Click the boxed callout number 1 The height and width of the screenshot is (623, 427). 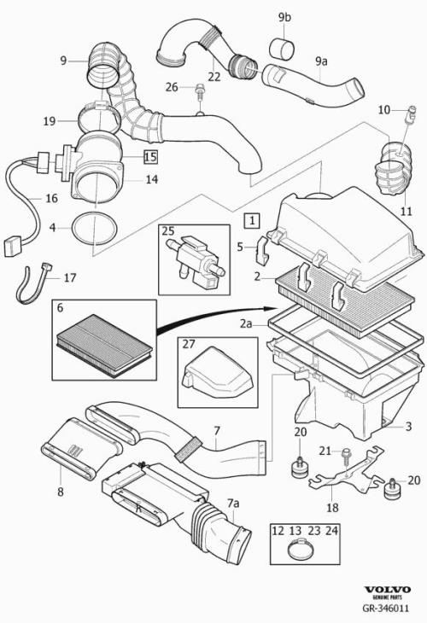(x=252, y=220)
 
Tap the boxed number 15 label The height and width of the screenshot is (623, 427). (x=150, y=156)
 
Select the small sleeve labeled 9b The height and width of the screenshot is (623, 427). (x=282, y=49)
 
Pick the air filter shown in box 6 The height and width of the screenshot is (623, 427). (x=104, y=345)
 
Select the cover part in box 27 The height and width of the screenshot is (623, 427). (x=219, y=372)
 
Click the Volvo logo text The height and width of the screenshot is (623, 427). (x=387, y=589)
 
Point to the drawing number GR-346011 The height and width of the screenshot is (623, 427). (x=385, y=608)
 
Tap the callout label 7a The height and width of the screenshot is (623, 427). (x=233, y=504)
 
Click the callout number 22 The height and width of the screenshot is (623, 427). (x=213, y=76)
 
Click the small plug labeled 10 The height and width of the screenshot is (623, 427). (x=412, y=114)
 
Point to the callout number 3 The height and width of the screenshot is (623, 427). (x=408, y=427)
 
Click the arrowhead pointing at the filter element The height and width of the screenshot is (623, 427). (x=271, y=308)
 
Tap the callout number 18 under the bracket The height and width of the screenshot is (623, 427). (x=332, y=508)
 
